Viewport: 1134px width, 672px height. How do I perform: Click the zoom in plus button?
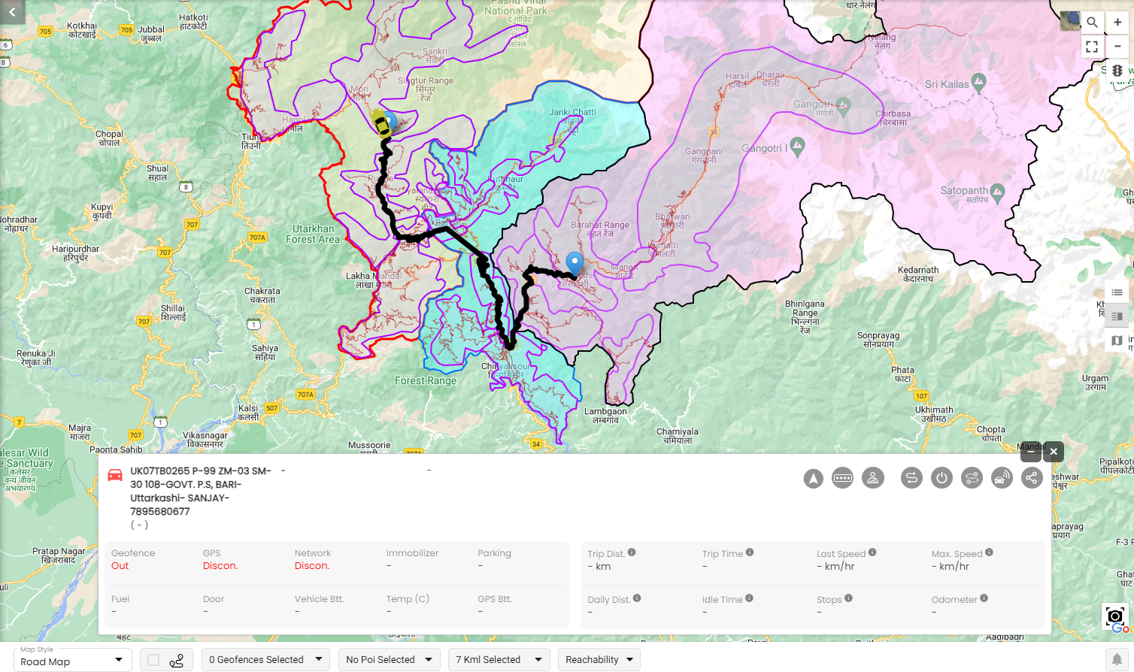pyautogui.click(x=1117, y=22)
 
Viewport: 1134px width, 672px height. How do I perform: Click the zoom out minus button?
pyautogui.click(x=1117, y=47)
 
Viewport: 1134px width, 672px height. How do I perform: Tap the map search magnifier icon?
pyautogui.click(x=1092, y=22)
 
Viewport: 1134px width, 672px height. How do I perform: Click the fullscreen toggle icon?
pyautogui.click(x=1092, y=47)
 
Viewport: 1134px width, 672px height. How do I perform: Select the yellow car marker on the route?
pyautogui.click(x=381, y=123)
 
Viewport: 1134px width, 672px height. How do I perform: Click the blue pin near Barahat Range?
pyautogui.click(x=575, y=264)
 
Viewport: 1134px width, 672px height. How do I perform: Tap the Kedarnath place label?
pyautogui.click(x=918, y=274)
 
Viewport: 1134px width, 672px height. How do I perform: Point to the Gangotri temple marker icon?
pyautogui.click(x=843, y=104)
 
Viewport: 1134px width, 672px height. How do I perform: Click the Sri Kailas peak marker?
pyautogui.click(x=978, y=81)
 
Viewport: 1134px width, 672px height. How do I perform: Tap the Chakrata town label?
pyautogui.click(x=262, y=295)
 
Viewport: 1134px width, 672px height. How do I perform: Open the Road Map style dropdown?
pyautogui.click(x=72, y=660)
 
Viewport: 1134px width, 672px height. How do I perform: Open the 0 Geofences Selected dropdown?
pyautogui.click(x=265, y=660)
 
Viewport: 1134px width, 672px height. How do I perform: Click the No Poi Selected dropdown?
pyautogui.click(x=389, y=660)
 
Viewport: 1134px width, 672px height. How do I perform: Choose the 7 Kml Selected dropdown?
pyautogui.click(x=498, y=660)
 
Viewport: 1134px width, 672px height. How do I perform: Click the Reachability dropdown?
pyautogui.click(x=599, y=660)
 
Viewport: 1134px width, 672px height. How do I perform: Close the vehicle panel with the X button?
pyautogui.click(x=1054, y=451)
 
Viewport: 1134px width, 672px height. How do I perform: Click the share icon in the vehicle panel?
pyautogui.click(x=1032, y=478)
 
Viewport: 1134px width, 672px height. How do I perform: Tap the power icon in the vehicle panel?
pyautogui.click(x=941, y=478)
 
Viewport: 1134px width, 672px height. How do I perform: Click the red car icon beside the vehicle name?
pyautogui.click(x=115, y=475)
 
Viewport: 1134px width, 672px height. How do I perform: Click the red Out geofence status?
pyautogui.click(x=120, y=566)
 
